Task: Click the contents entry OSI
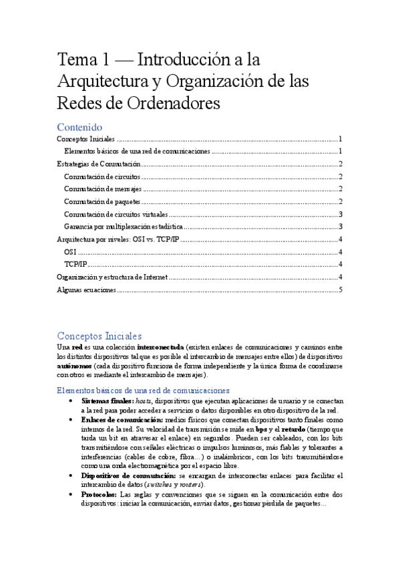pos(70,252)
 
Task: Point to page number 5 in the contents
pos(340,290)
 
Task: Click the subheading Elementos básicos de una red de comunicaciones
pos(143,390)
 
